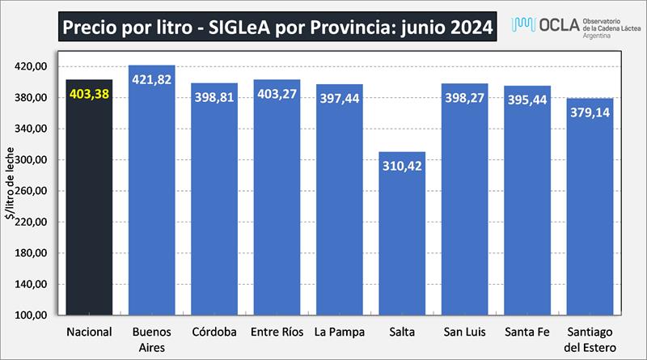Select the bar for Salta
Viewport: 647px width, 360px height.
coord(402,243)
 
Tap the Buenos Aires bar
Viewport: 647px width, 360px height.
coord(152,202)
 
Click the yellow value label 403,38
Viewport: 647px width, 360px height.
coord(89,94)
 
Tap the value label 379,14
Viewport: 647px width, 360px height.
coord(590,112)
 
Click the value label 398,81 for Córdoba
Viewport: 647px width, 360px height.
coord(214,97)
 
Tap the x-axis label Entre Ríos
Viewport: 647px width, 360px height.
coord(277,332)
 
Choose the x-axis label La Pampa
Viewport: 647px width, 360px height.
coord(339,332)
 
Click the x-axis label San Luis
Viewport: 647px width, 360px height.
coord(464,332)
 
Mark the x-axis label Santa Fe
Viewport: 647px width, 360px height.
coord(526,332)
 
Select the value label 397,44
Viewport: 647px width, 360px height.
coord(340,98)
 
